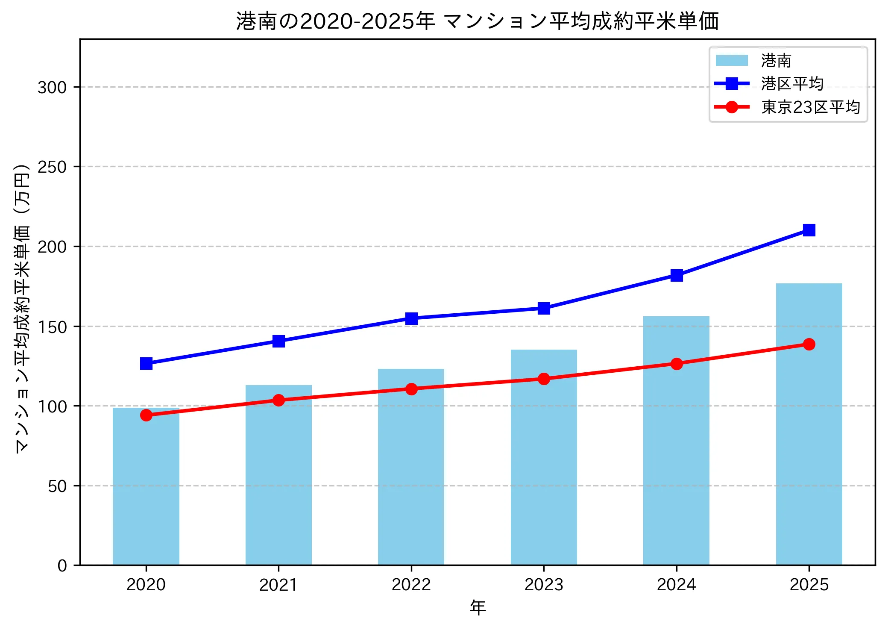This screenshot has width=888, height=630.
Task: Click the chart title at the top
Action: pos(477,21)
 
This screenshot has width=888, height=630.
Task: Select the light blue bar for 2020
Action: pos(146,487)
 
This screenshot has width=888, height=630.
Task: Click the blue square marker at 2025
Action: pos(809,230)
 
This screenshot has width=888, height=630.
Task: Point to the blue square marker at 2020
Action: pos(146,364)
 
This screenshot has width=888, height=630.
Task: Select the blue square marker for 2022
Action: pos(411,318)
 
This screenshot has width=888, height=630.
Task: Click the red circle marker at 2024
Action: pos(677,364)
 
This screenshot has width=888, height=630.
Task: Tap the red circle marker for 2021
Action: pos(278,400)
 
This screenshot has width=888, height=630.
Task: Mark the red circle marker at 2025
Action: pos(809,344)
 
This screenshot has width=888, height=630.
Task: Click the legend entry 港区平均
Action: pos(792,84)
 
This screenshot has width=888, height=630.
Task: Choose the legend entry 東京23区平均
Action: pos(810,107)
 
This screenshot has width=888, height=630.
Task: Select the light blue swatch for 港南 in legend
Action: pos(732,61)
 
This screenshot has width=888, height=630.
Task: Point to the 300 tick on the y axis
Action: pos(52,87)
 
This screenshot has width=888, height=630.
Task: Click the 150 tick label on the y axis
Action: pos(52,327)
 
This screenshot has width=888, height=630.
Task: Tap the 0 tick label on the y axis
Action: pos(62,565)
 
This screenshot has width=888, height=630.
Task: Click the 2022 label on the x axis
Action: pos(411,585)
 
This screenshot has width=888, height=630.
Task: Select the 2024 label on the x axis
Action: pos(677,585)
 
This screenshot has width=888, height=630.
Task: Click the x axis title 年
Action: pos(478,608)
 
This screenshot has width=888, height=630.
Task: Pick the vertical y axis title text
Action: pos(22,308)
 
